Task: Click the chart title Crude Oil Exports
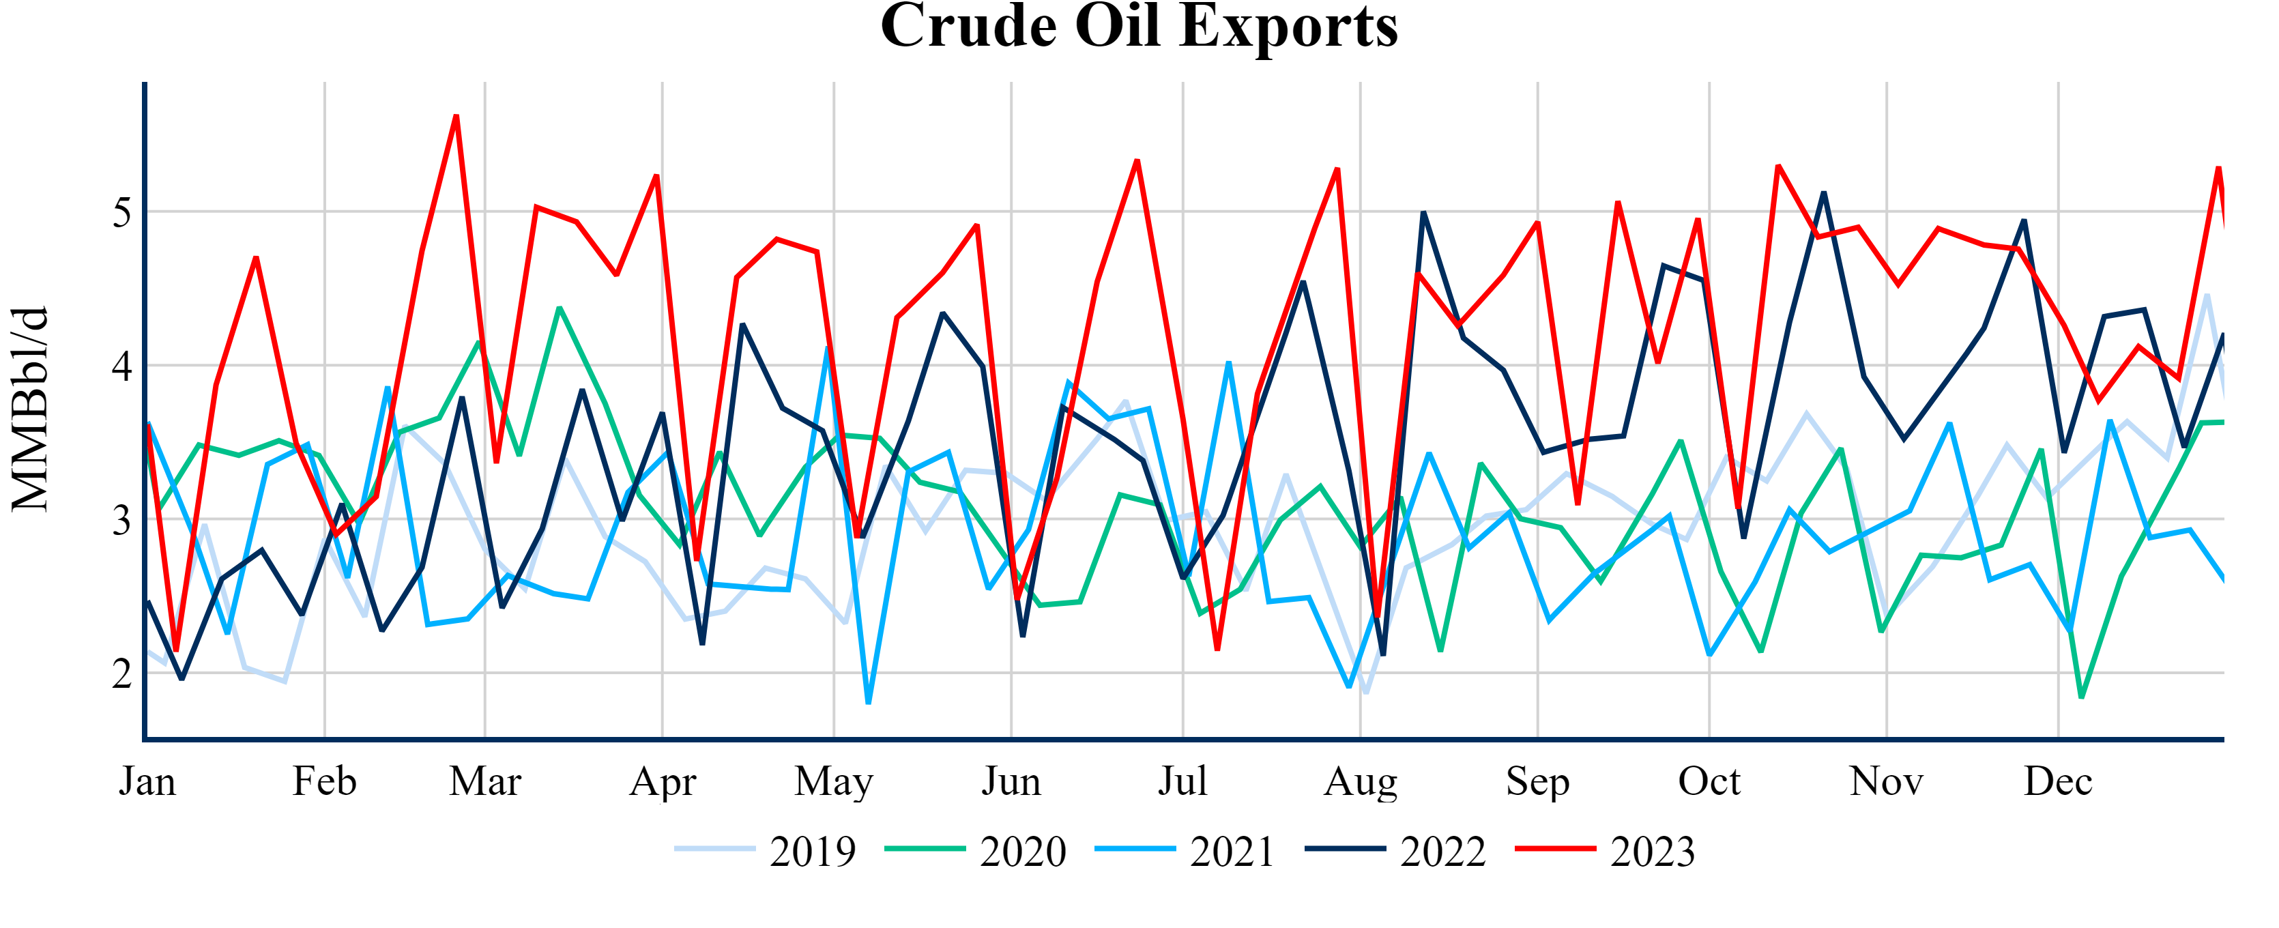[1139, 27]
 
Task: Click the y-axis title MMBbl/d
[30, 409]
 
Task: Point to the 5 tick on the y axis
[122, 212]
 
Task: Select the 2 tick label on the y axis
[122, 673]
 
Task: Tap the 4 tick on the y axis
[122, 365]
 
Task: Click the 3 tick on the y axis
[122, 519]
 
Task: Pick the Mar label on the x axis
[485, 782]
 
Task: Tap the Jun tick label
[1011, 782]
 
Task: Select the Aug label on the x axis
[1361, 782]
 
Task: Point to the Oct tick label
[1709, 782]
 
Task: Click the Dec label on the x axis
[2058, 782]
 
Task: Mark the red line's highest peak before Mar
[456, 116]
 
